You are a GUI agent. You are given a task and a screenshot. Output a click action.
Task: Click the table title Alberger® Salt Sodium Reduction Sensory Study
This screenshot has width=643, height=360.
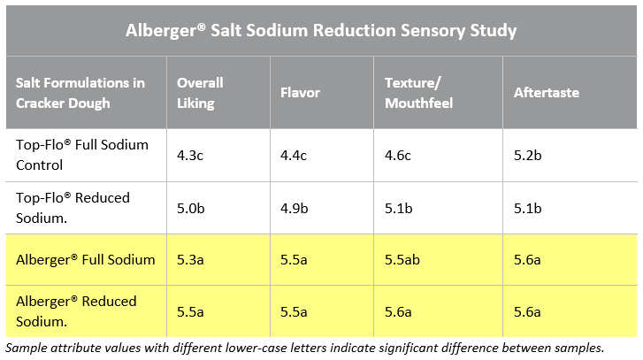coord(320,31)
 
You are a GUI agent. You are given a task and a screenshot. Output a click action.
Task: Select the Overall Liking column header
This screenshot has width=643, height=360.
coord(200,92)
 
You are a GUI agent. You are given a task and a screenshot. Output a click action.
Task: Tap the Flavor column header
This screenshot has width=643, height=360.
coord(300,92)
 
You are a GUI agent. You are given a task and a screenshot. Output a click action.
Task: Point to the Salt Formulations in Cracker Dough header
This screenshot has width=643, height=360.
coord(80,92)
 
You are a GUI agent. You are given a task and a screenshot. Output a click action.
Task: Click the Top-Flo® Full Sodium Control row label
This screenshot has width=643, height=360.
coord(82,154)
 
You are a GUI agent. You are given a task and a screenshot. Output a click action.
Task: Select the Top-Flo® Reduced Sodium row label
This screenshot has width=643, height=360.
coord(73,207)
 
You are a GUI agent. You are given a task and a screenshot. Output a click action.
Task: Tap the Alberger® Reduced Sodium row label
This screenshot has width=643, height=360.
coord(77,310)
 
